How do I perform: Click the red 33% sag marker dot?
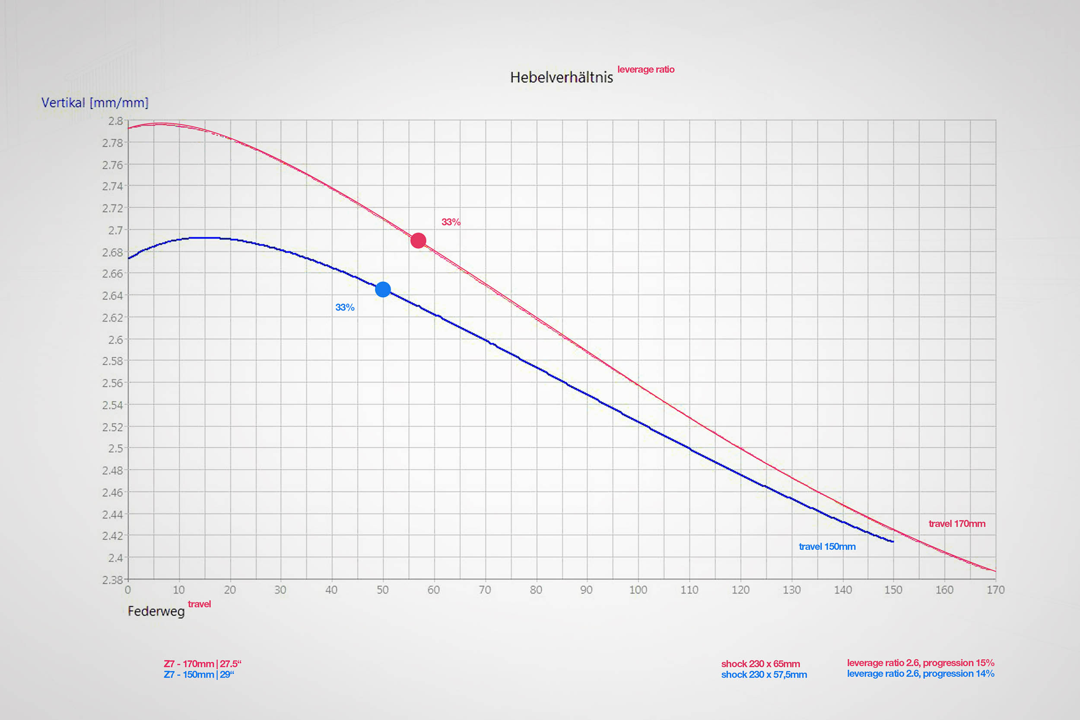[x=418, y=240]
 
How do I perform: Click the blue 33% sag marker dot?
[x=383, y=289]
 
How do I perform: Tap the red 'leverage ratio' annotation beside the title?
[x=646, y=69]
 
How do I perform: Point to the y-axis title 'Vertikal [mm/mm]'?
[x=95, y=102]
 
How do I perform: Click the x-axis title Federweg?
[x=156, y=611]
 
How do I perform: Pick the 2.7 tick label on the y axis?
[x=115, y=230]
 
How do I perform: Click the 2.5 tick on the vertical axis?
[x=115, y=448]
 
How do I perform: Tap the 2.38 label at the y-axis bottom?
[x=112, y=580]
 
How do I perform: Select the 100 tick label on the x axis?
[x=638, y=590]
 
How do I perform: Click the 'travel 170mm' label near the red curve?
[x=957, y=523]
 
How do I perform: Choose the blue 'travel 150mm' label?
[x=827, y=546]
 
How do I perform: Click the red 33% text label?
[x=451, y=222]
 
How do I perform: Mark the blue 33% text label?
[x=345, y=308]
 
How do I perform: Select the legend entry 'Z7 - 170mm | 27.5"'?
[x=203, y=663]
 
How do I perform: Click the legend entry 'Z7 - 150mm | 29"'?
[x=199, y=675]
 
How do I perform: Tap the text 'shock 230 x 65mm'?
[x=761, y=663]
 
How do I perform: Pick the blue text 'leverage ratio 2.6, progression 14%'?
[x=921, y=674]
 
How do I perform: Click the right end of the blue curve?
[x=893, y=542]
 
